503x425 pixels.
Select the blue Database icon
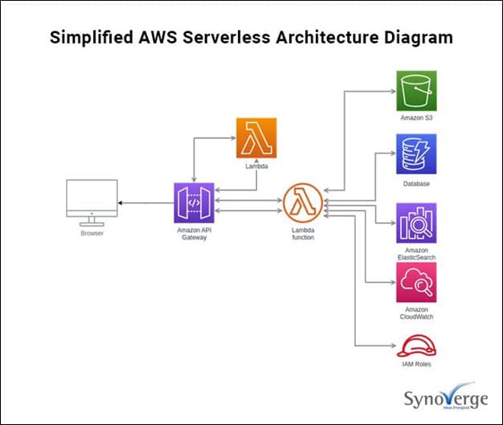tap(415, 154)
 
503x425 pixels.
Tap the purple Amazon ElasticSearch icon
tap(415, 223)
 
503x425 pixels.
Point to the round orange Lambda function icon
tap(302, 202)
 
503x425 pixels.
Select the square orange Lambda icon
tap(256, 138)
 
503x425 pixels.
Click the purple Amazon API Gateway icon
tap(194, 202)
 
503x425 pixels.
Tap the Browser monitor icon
tap(91, 204)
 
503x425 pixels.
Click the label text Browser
tap(92, 233)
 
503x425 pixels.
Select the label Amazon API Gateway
tap(194, 234)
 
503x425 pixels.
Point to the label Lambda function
tap(303, 234)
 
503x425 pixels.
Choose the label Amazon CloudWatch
tap(416, 313)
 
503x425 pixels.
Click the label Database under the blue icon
tap(416, 184)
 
